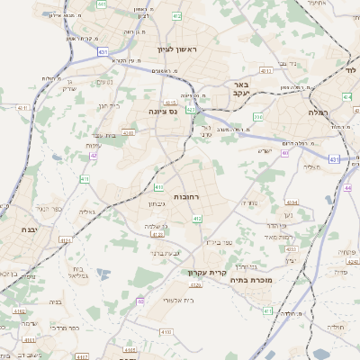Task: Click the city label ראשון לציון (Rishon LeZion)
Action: (176, 49)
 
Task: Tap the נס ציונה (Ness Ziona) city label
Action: (163, 111)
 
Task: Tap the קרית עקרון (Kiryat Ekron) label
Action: (203, 271)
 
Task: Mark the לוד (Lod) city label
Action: (351, 69)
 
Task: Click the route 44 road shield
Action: (347, 188)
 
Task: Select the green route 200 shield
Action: (257, 116)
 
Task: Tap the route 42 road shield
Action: (94, 156)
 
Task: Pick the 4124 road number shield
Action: (64, 240)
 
